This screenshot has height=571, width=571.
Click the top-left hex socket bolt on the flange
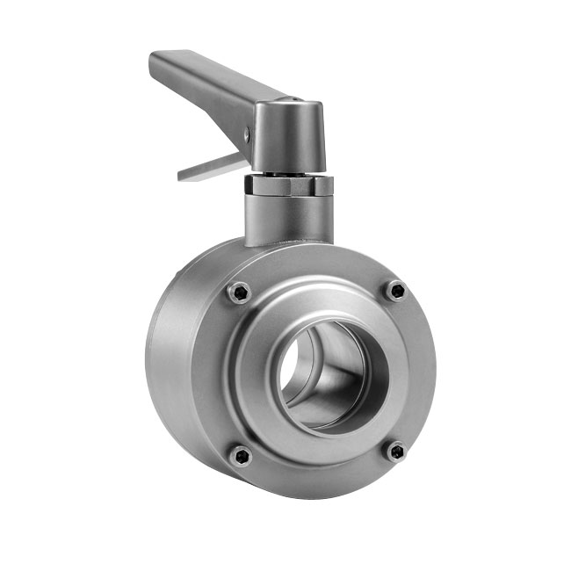click(x=239, y=293)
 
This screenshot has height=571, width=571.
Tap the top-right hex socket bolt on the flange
click(x=397, y=291)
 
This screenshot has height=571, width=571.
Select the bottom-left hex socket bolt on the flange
click(x=240, y=455)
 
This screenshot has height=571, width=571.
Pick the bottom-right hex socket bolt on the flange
click(x=397, y=452)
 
